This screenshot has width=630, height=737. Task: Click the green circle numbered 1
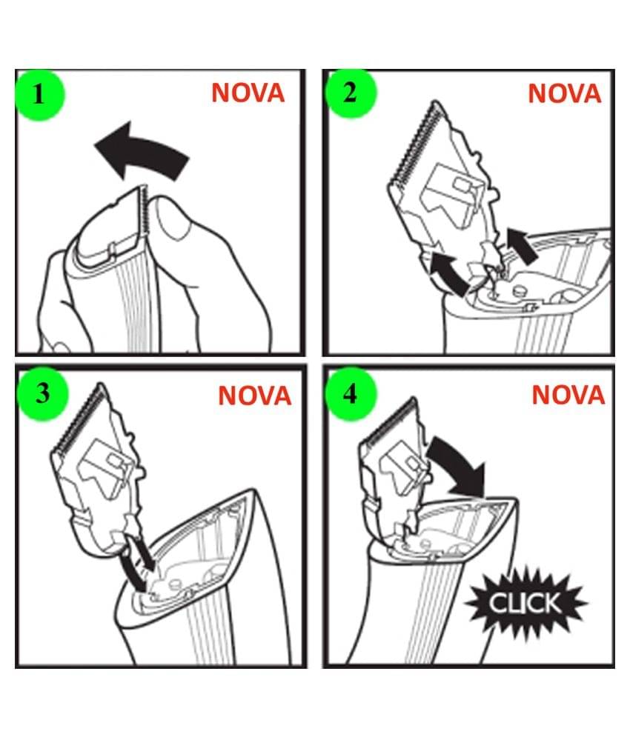tap(39, 96)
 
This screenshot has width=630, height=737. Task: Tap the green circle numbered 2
tap(351, 93)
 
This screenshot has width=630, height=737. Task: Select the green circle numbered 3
tap(42, 393)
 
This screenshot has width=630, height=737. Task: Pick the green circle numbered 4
tap(351, 393)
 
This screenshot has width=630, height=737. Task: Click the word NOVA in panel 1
tap(248, 93)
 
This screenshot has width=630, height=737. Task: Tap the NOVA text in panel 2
tap(565, 94)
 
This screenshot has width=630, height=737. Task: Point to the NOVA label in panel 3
tap(254, 396)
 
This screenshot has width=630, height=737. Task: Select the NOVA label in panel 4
tap(568, 394)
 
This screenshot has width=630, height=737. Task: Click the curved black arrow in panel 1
tap(141, 153)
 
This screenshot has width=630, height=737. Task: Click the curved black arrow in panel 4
tap(459, 463)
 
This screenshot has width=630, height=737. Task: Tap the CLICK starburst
tap(525, 603)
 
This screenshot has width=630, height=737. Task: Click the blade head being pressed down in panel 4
tap(393, 475)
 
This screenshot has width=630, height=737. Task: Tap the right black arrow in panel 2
tap(523, 245)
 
